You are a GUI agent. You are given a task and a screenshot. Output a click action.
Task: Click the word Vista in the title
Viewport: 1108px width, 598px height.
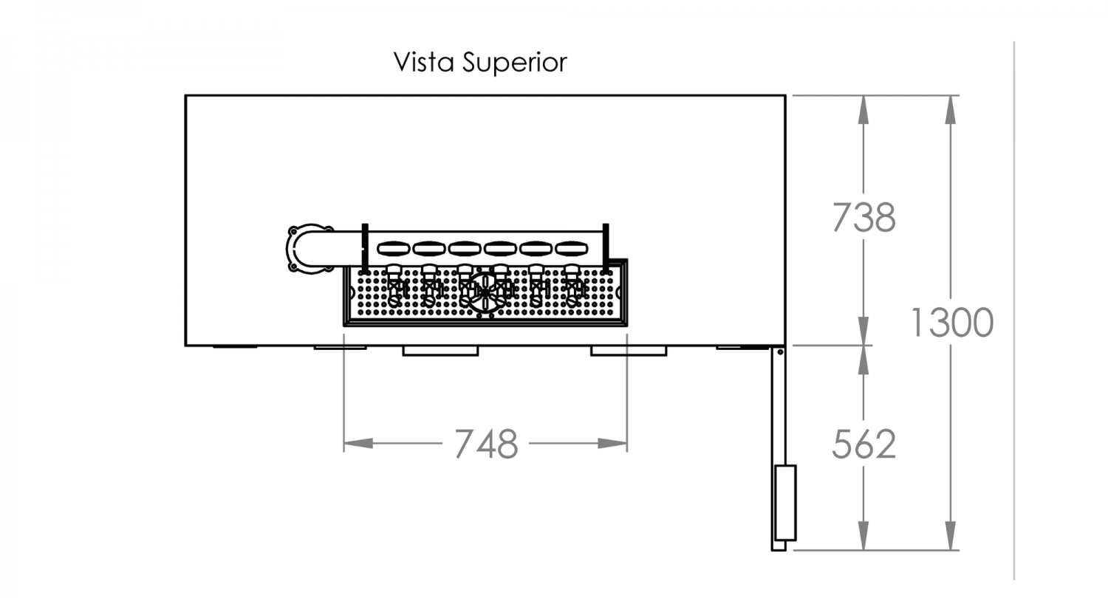click(423, 62)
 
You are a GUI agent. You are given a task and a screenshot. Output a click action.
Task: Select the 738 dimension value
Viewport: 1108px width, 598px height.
click(864, 218)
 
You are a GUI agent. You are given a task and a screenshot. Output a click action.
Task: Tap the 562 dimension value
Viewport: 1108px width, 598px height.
click(864, 444)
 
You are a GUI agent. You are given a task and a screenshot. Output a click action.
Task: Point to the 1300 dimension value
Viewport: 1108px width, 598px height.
click(951, 322)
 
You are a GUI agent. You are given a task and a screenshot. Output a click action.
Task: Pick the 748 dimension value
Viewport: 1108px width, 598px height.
click(486, 443)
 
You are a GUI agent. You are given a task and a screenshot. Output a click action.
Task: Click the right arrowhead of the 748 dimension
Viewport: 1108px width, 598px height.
click(612, 443)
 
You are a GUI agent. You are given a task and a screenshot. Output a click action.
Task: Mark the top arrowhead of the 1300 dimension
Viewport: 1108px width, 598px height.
click(950, 110)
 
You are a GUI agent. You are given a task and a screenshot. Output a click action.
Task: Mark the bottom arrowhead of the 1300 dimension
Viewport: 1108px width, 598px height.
click(950, 536)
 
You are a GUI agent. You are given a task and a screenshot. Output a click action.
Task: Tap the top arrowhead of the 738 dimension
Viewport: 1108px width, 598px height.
click(864, 110)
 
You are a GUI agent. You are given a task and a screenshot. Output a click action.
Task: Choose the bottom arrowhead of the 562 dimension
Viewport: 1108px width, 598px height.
click(864, 536)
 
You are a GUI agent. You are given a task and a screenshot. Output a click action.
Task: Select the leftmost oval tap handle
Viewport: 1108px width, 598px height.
click(394, 248)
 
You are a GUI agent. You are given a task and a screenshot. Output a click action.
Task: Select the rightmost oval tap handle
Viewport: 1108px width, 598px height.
click(571, 248)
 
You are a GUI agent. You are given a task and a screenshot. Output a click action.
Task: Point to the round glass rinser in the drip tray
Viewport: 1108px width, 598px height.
click(485, 293)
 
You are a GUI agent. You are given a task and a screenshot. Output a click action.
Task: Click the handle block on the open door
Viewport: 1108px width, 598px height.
click(785, 503)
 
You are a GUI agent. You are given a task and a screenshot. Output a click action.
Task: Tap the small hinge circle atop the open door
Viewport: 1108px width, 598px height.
click(780, 352)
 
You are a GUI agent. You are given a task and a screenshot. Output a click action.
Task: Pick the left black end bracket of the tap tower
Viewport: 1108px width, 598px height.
click(365, 249)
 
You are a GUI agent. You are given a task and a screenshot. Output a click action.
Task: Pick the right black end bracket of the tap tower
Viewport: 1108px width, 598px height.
click(606, 249)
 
